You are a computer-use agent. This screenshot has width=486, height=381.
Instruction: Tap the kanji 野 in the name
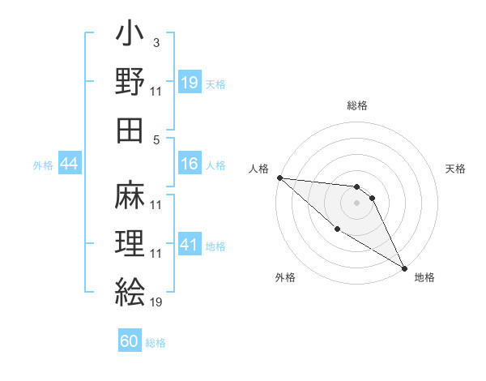pyautogui.click(x=129, y=82)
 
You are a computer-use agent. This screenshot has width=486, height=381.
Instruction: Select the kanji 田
pyautogui.click(x=129, y=131)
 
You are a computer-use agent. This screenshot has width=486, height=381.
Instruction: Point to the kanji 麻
pyautogui.click(x=129, y=194)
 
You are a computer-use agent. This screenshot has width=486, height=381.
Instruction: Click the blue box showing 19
pyautogui.click(x=190, y=82)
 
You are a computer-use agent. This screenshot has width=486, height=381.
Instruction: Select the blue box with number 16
pyautogui.click(x=190, y=164)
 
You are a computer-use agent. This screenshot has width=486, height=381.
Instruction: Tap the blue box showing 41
pyautogui.click(x=190, y=245)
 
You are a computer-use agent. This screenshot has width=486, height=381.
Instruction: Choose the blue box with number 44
pyautogui.click(x=70, y=164)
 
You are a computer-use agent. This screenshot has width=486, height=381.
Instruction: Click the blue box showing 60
pyautogui.click(x=130, y=341)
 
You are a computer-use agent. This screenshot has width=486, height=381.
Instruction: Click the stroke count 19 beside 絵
pyautogui.click(x=156, y=303)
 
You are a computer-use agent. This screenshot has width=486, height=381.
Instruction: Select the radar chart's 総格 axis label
pyautogui.click(x=356, y=105)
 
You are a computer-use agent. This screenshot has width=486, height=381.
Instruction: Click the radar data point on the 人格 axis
pyautogui.click(x=279, y=177)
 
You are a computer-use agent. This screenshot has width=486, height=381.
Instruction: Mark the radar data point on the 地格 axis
pyautogui.click(x=403, y=268)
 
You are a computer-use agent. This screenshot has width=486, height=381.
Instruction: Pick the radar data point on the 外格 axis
pyautogui.click(x=337, y=229)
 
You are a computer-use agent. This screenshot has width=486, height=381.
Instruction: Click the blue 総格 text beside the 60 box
pyautogui.click(x=156, y=343)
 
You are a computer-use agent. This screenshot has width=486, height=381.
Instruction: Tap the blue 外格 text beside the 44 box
pyautogui.click(x=43, y=165)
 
